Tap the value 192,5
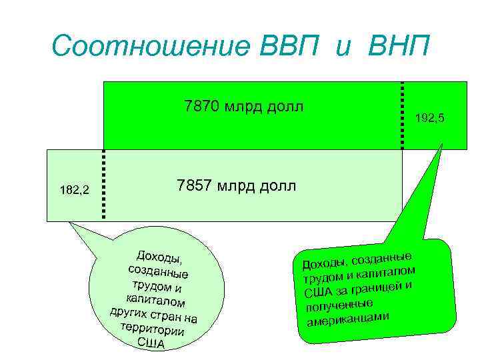click(x=429, y=118)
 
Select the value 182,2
click(x=74, y=191)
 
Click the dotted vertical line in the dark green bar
click(x=402, y=115)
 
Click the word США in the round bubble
click(x=151, y=343)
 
